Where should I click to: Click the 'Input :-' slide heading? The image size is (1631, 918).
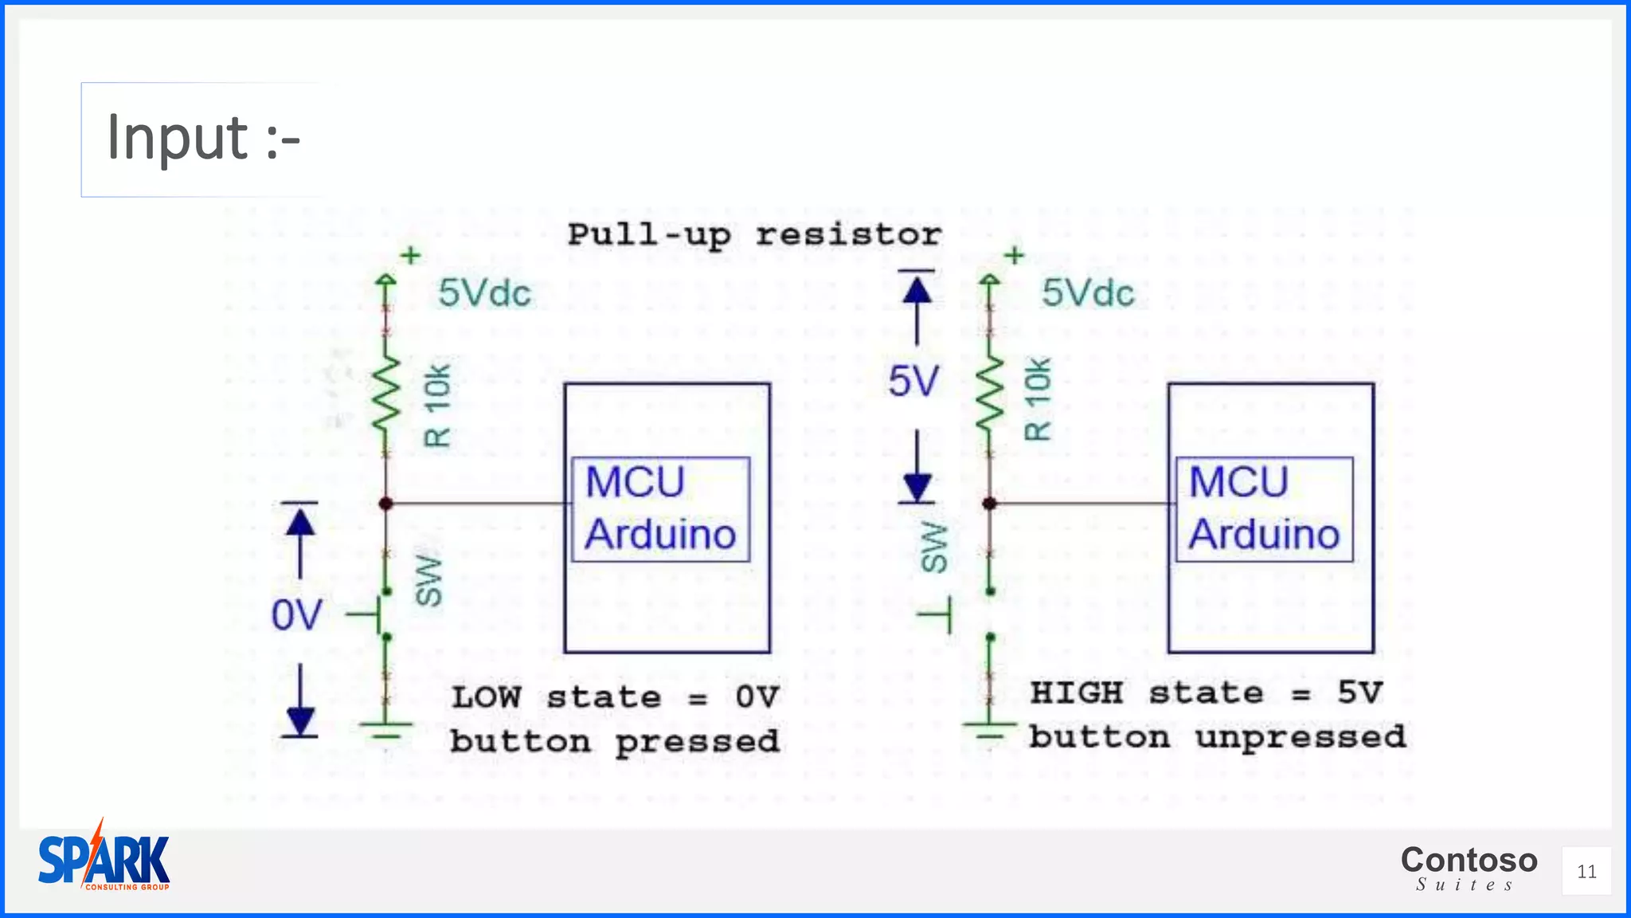click(x=203, y=139)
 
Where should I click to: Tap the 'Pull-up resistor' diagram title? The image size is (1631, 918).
click(x=753, y=235)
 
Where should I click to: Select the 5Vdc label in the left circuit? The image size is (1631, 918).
click(x=484, y=293)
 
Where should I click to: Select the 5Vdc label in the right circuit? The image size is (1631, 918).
click(x=1087, y=293)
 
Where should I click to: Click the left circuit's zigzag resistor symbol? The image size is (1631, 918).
click(x=386, y=395)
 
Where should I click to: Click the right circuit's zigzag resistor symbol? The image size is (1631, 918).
click(x=990, y=395)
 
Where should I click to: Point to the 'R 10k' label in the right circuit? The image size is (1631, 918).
click(x=1037, y=399)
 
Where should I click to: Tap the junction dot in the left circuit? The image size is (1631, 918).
click(x=386, y=504)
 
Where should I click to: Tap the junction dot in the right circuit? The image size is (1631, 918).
click(x=990, y=504)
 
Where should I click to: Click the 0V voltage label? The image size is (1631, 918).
click(x=296, y=616)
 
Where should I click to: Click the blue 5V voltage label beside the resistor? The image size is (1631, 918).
click(x=913, y=382)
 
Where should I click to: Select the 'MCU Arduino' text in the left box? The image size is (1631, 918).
click(x=660, y=508)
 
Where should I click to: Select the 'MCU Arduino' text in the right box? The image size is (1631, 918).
click(x=1264, y=508)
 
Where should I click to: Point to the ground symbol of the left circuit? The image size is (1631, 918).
click(x=386, y=729)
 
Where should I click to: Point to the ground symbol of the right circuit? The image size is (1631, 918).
click(x=990, y=729)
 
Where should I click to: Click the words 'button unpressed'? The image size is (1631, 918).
click(x=1217, y=737)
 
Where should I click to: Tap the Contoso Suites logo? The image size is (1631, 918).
click(x=1469, y=867)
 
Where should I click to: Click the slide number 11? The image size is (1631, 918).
click(x=1586, y=872)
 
